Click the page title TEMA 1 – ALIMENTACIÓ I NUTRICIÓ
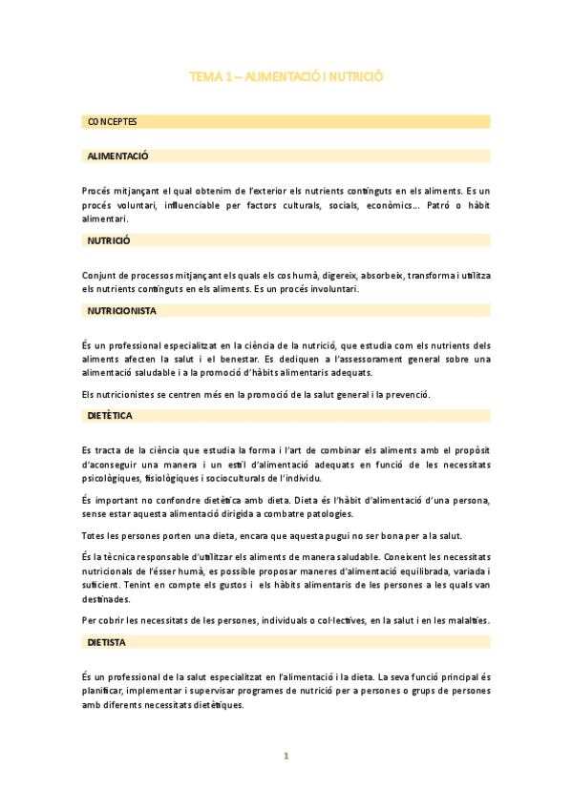[286, 75]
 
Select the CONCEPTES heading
[112, 122]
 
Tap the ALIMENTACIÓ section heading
[117, 156]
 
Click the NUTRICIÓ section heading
[109, 240]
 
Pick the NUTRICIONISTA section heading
[121, 311]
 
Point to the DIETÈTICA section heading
[110, 417]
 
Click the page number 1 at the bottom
[286, 756]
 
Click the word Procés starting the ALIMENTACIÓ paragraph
[97, 191]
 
